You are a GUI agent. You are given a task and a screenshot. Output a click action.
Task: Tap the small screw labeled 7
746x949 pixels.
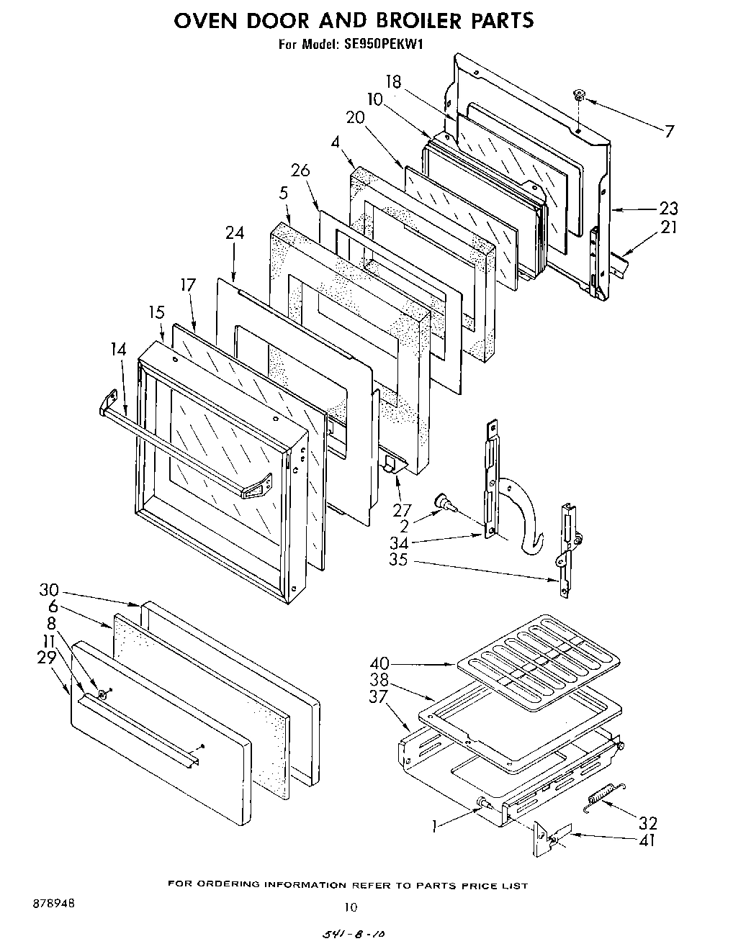tap(579, 94)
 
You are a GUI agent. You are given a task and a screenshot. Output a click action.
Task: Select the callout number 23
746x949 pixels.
tap(668, 209)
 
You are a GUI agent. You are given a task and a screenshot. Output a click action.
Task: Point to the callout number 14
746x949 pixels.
tap(119, 350)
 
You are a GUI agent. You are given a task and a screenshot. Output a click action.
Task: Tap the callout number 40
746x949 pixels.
tap(379, 663)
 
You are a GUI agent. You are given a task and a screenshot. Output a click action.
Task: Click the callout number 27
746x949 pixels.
tap(402, 512)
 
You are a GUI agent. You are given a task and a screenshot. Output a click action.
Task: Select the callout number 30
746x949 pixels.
tap(50, 590)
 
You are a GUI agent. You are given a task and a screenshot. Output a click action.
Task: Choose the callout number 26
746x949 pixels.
tap(300, 171)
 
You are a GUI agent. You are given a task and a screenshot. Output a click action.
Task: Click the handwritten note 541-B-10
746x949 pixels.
tap(353, 933)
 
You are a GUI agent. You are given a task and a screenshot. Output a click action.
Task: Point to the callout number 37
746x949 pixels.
tap(379, 696)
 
